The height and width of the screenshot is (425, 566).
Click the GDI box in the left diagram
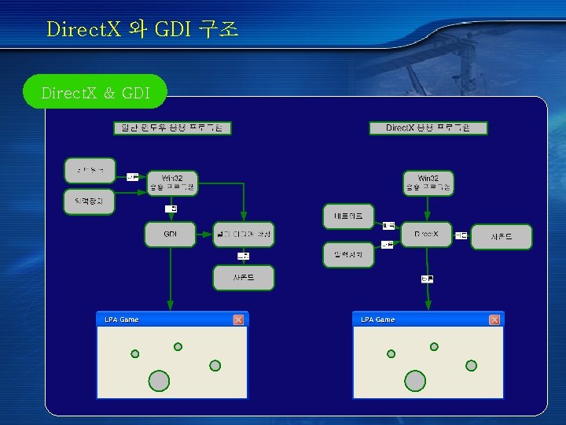tap(170, 235)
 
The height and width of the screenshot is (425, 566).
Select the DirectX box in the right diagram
tap(427, 235)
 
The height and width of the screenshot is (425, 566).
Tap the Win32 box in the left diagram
tap(171, 183)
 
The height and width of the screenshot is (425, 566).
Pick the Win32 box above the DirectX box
tap(428, 183)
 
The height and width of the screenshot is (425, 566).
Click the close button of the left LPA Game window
tap(238, 320)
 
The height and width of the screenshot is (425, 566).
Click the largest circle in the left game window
tap(159, 381)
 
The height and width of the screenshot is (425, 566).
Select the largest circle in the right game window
tap(415, 381)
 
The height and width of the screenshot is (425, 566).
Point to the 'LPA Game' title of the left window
tap(122, 320)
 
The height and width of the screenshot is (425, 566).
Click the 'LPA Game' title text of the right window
tap(378, 320)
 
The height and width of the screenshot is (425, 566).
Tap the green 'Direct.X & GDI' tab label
tap(95, 92)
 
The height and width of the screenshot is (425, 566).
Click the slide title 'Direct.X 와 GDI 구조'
tap(142, 30)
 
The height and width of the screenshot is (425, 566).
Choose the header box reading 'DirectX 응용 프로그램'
tap(428, 128)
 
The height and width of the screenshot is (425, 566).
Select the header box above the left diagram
tap(172, 128)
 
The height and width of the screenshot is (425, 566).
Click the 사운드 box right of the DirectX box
tap(502, 237)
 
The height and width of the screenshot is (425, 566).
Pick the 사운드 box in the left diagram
tap(244, 277)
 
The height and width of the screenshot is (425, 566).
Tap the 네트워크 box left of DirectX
tap(348, 216)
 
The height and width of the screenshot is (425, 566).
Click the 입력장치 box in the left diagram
tap(89, 201)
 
